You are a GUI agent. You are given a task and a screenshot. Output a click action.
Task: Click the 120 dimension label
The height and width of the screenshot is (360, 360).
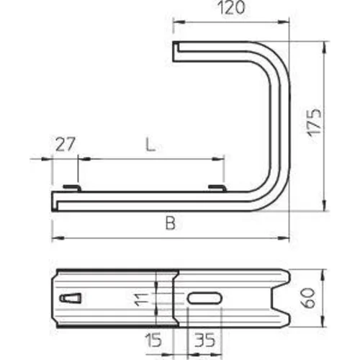tap(231, 8)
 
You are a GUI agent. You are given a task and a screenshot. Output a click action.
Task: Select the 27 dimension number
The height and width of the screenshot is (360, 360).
tap(66, 144)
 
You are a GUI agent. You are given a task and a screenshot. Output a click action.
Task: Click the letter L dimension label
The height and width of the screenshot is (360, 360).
tap(150, 145)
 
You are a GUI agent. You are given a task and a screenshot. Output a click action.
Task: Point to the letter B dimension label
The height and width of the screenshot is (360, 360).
tap(171, 223)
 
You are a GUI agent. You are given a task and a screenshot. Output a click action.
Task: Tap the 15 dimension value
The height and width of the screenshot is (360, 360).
tap(153, 340)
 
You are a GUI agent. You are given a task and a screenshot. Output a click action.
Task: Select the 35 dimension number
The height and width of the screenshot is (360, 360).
tap(204, 340)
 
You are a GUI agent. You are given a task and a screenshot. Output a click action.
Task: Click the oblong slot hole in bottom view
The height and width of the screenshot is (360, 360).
tap(204, 298)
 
